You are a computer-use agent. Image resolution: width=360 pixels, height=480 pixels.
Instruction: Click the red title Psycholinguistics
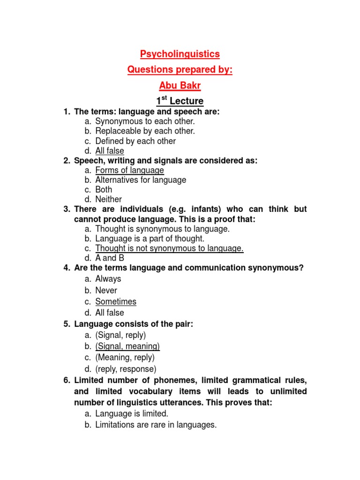(180, 54)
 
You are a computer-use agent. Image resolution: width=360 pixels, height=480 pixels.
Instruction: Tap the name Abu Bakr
(180, 85)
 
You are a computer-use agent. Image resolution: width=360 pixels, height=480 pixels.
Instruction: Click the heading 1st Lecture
(180, 101)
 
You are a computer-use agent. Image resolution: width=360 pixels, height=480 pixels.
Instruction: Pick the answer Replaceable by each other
(145, 131)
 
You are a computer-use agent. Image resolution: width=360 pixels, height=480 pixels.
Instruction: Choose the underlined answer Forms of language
(129, 170)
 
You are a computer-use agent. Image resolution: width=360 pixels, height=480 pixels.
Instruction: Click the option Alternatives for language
(141, 180)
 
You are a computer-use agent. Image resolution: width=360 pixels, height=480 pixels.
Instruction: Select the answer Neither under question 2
(108, 199)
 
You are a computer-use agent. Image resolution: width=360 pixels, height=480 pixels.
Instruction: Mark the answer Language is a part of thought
(150, 239)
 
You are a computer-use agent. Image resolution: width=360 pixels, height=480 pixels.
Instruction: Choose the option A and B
(110, 258)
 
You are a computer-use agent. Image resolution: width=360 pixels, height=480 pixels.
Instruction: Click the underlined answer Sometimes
(116, 301)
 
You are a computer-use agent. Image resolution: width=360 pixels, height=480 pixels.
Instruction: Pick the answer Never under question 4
(106, 290)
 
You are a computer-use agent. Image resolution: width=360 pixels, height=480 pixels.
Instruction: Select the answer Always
(108, 279)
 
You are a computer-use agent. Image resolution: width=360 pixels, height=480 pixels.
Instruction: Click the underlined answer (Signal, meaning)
(127, 346)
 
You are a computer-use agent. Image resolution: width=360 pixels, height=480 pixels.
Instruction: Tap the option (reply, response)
(126, 369)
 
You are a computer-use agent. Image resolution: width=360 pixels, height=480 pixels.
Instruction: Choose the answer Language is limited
(131, 413)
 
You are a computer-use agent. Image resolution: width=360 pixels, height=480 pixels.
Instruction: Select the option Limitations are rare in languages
(156, 425)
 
